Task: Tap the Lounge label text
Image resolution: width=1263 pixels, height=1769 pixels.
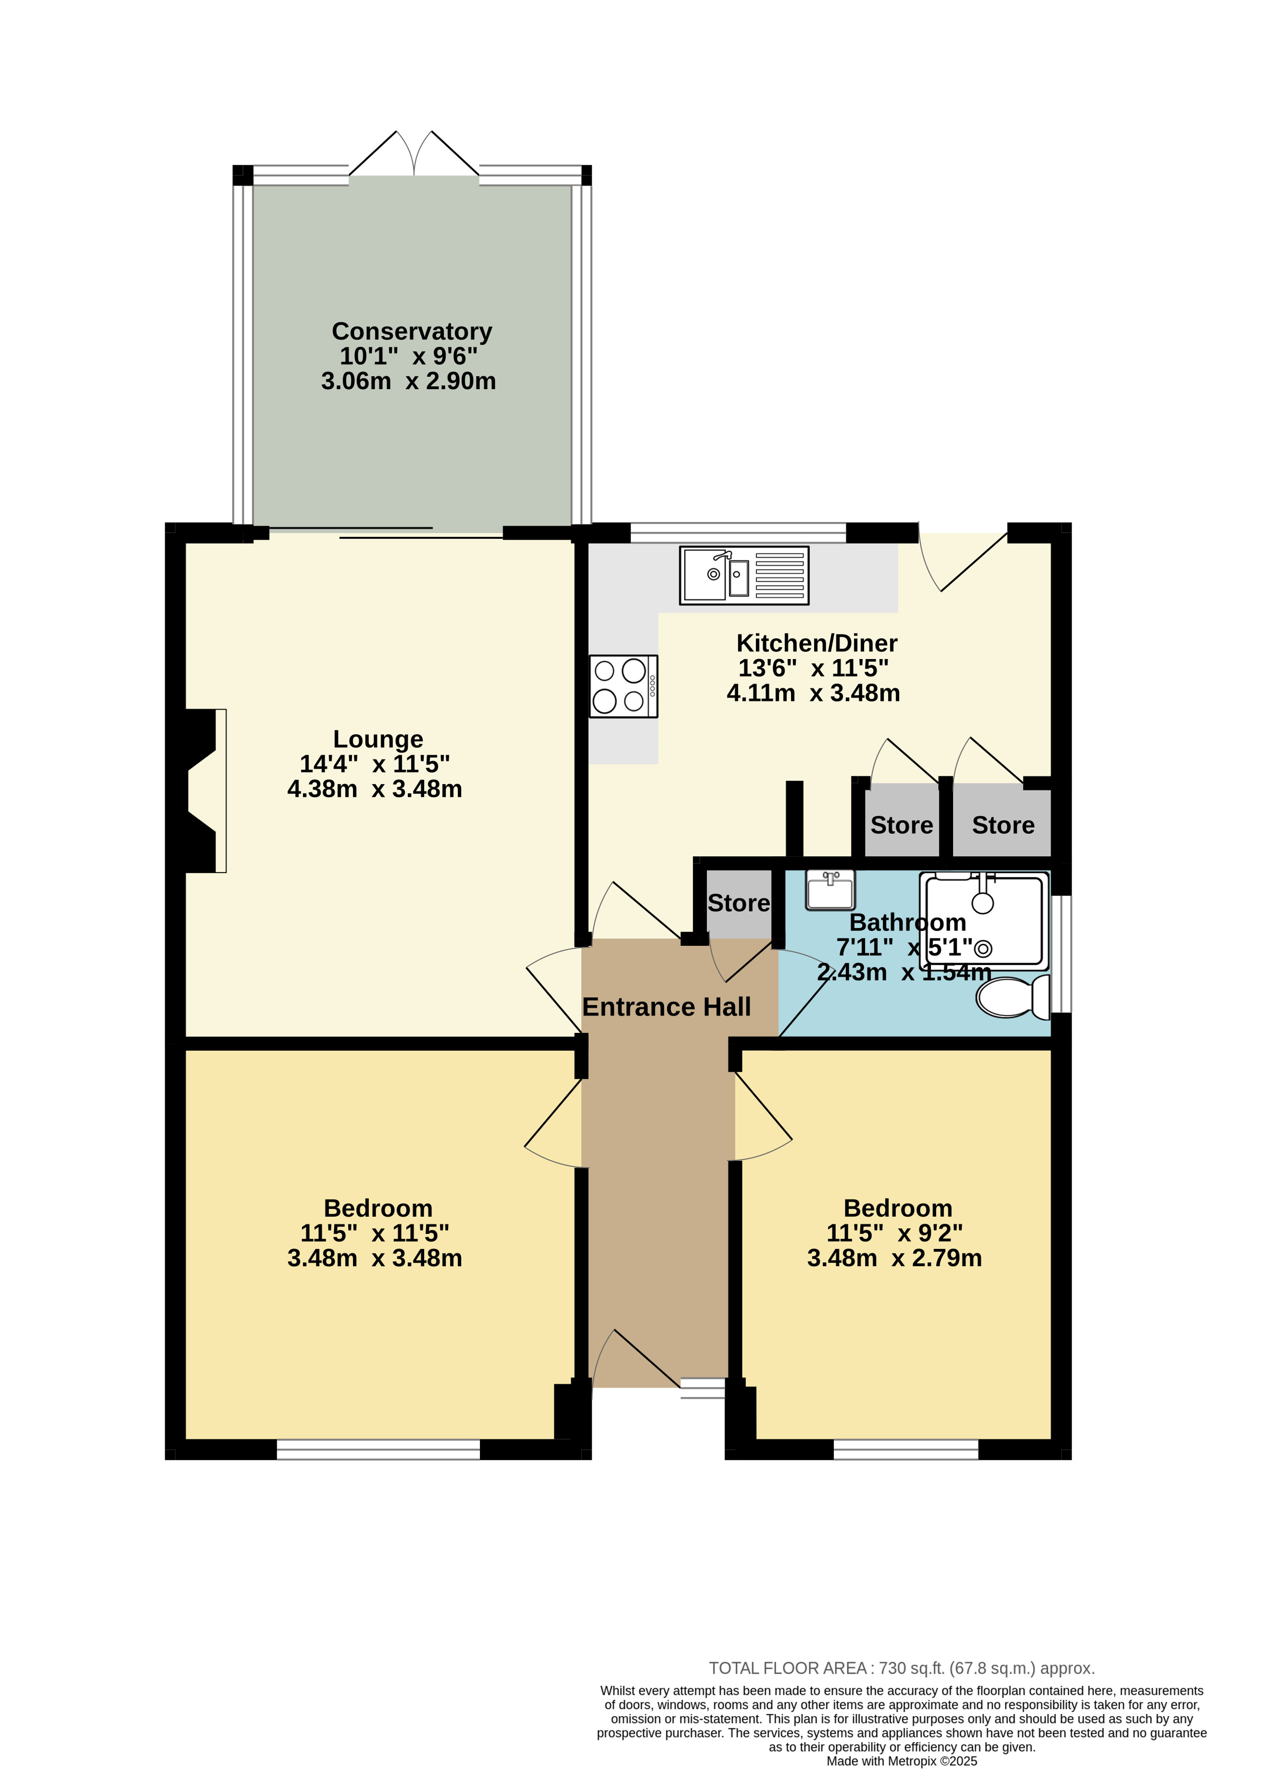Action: (378, 739)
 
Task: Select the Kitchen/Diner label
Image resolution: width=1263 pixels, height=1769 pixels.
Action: (817, 643)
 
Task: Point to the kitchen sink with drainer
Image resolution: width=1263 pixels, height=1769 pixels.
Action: (744, 575)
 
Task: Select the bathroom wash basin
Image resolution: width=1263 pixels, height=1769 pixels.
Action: (830, 889)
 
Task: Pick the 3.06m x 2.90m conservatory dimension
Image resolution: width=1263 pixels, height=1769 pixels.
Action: (408, 381)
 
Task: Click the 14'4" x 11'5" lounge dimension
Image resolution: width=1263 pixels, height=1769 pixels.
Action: (375, 764)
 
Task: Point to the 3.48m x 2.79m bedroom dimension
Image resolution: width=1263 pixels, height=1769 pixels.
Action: (894, 1258)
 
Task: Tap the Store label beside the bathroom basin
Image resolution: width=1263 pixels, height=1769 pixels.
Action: (739, 903)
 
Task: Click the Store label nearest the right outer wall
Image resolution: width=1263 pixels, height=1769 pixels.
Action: (1003, 825)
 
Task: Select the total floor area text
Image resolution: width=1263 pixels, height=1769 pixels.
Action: (901, 1668)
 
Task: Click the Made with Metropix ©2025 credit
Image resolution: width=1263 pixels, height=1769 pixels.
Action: (901, 1761)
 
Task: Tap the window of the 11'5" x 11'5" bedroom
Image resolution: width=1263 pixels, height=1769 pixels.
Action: (378, 1449)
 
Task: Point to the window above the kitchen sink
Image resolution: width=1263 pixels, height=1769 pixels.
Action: (738, 533)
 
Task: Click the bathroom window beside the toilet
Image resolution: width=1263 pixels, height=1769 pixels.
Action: (1061, 955)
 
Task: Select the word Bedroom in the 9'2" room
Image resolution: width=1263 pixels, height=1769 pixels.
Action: (898, 1208)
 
